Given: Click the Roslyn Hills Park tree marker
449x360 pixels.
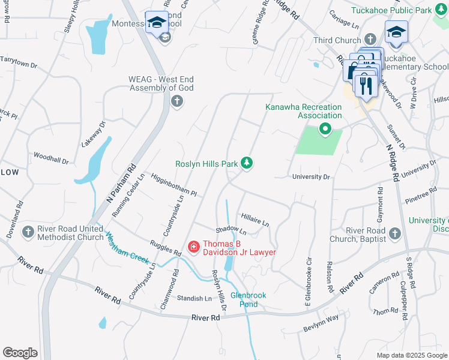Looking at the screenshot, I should [246, 163].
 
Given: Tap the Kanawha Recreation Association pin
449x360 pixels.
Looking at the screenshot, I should [325, 128].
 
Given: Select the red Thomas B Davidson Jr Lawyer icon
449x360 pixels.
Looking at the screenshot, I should [194, 247].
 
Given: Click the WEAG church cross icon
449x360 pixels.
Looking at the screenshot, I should [176, 101].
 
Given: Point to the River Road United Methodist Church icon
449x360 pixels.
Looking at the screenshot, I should [28, 232].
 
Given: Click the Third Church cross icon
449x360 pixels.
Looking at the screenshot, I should [372, 40].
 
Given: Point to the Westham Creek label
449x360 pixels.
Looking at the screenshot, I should [128, 245].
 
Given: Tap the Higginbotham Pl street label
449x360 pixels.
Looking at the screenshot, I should [174, 185].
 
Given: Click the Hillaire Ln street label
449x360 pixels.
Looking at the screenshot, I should [255, 220].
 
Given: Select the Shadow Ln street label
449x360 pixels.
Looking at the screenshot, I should [231, 230].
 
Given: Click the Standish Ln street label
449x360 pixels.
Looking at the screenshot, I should [194, 298].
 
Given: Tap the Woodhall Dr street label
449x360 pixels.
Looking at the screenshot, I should [51, 158].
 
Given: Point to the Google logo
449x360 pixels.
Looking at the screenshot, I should [20, 353].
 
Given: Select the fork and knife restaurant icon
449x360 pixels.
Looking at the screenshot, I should [366, 85].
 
